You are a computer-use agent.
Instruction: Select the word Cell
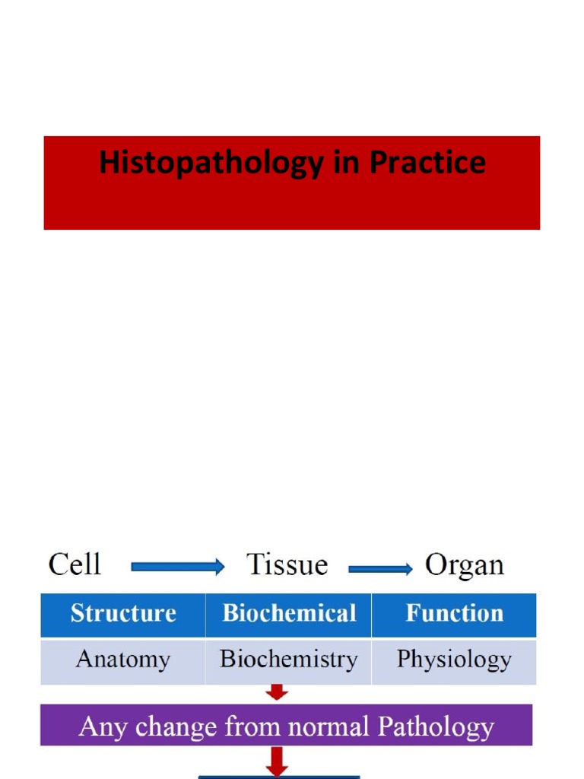click(75, 565)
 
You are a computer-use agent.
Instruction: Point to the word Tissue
click(287, 565)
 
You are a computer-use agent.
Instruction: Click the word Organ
click(464, 565)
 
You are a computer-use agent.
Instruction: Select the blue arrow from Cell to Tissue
click(178, 567)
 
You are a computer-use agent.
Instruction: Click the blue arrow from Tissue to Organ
click(380, 568)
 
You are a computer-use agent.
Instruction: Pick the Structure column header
click(123, 614)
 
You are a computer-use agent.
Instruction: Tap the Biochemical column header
click(289, 614)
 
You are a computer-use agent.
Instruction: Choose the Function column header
click(454, 614)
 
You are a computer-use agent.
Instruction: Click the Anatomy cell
click(123, 660)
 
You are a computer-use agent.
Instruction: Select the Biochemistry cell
click(289, 660)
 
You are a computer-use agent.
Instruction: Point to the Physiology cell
click(454, 660)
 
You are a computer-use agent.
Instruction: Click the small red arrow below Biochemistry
click(278, 692)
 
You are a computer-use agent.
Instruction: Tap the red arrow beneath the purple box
click(278, 761)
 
